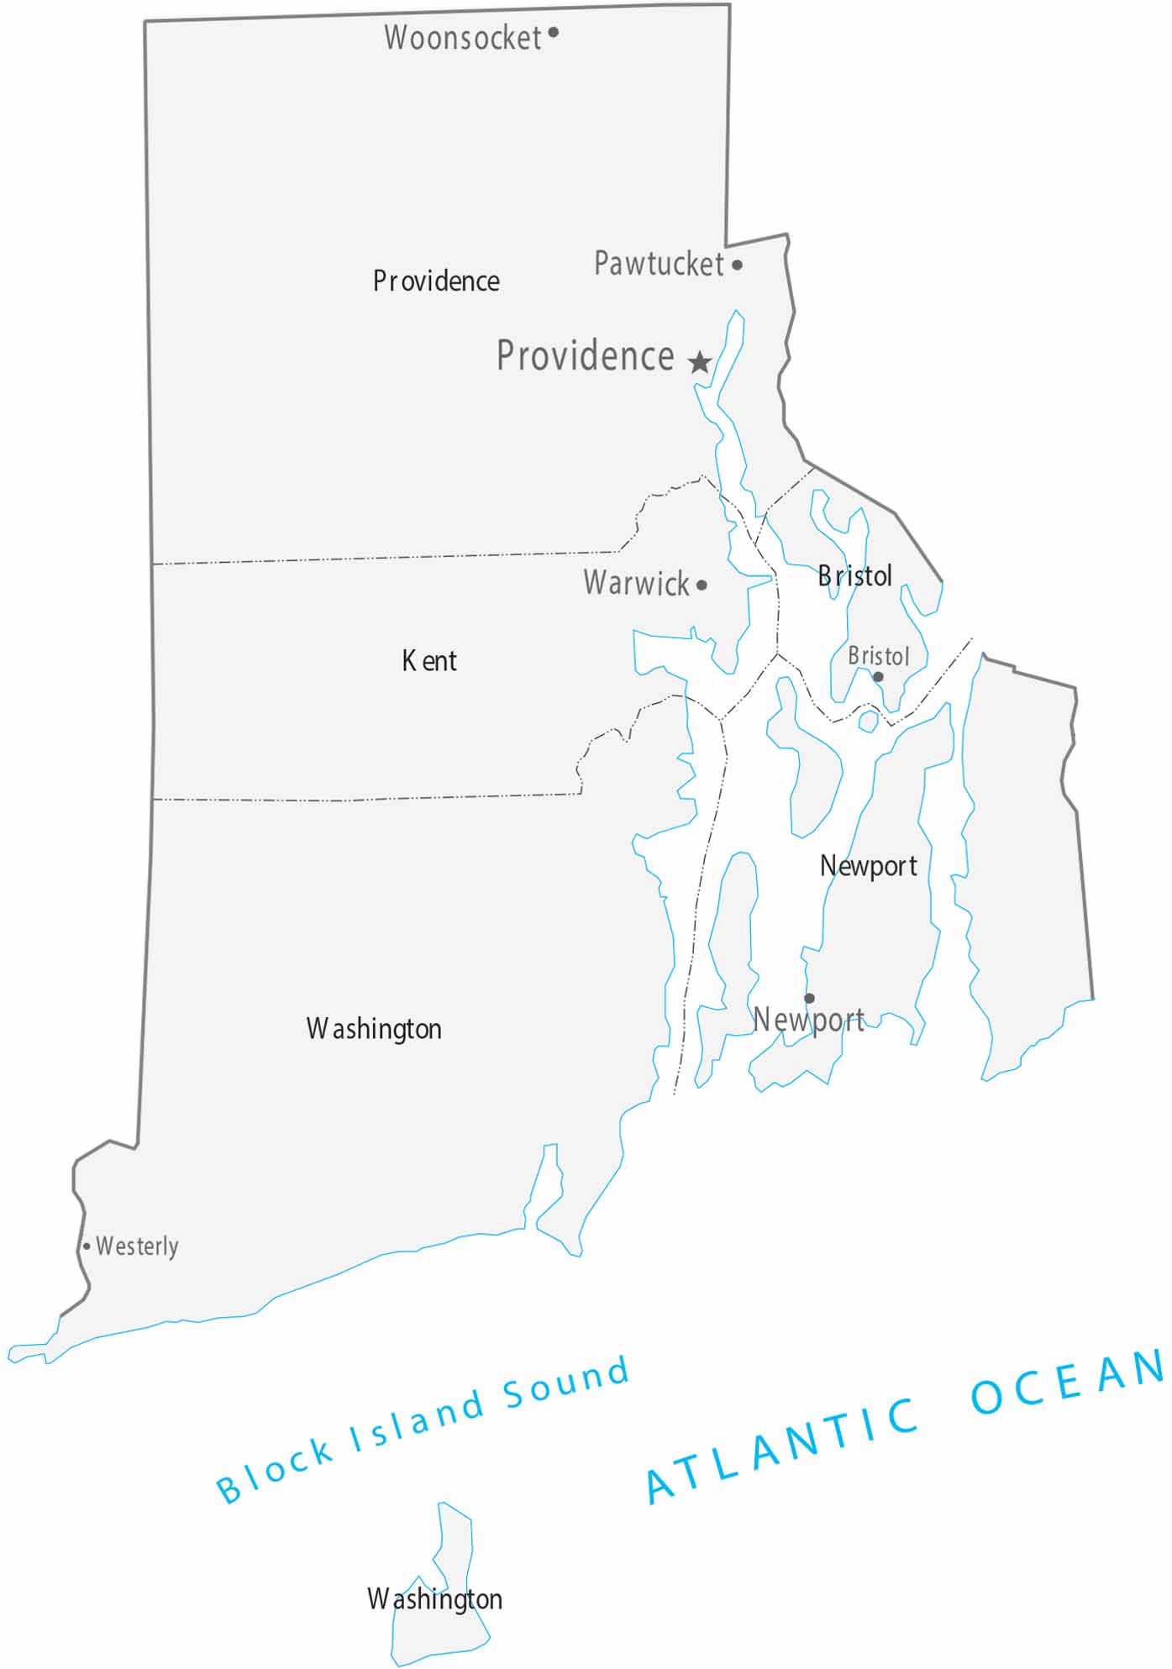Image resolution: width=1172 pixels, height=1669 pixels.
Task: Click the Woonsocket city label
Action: pos(463,38)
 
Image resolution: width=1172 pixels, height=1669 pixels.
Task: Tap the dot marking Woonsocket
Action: pos(553,33)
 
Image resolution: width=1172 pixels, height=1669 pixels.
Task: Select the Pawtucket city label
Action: pos(659,264)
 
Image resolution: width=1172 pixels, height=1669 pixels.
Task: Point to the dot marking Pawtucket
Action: pos(737,265)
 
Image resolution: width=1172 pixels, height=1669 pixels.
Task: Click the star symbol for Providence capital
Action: pos(699,363)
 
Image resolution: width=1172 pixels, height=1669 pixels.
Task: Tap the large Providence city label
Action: pos(585,355)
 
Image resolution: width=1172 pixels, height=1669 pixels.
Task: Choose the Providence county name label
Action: pos(436,281)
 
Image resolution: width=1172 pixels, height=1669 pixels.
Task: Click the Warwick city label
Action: pos(636,582)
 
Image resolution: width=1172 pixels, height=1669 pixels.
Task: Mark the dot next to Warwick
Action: pos(702,585)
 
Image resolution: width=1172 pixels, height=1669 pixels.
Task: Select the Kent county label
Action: pos(429,661)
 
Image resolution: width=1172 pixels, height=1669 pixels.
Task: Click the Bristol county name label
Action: pos(854,576)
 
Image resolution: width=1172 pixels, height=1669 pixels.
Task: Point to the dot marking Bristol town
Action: pos(878,676)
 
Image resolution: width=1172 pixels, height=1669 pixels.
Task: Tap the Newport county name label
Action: pos(868,865)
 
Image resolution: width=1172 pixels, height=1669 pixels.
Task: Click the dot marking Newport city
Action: pos(809,998)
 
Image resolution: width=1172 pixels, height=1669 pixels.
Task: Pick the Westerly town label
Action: pos(137,1246)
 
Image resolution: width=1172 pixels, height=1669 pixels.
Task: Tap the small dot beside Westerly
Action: pos(87,1247)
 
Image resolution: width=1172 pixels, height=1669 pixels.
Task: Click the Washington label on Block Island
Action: pos(434,1598)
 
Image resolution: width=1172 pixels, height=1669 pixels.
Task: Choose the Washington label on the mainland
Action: pos(374,1028)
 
